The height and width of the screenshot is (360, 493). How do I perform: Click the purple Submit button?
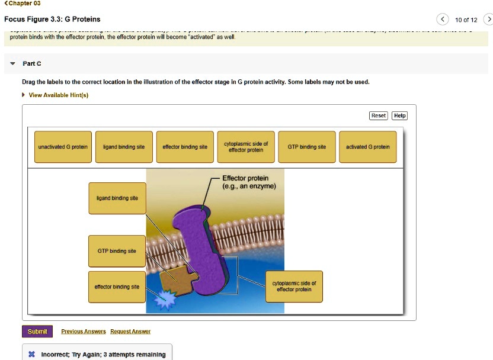click(x=37, y=332)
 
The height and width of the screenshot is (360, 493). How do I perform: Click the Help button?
click(x=400, y=115)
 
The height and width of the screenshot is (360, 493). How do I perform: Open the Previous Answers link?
click(x=84, y=332)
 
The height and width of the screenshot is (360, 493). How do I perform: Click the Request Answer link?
click(x=130, y=332)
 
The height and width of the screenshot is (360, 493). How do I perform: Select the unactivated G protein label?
click(x=63, y=147)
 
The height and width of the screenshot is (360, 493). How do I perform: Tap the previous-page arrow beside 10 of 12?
click(x=442, y=20)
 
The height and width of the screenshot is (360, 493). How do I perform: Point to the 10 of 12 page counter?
click(x=466, y=20)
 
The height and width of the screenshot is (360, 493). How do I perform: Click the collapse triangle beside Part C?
click(x=13, y=63)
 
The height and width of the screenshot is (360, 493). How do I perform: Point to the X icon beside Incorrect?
click(x=31, y=355)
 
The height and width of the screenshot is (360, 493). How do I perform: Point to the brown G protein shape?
click(x=176, y=280)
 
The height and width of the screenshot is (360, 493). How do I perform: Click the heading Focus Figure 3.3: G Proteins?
click(x=52, y=20)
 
